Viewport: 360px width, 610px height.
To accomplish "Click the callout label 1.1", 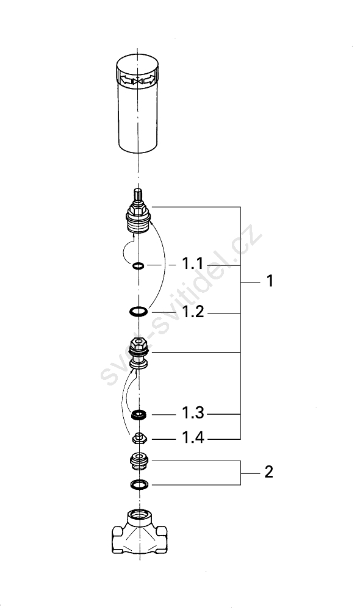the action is pos(193,264).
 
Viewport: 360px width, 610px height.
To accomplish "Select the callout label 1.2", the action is pos(193,312).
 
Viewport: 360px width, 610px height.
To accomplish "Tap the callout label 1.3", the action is pos(193,413).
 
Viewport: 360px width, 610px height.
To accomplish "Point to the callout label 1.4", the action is pos(193,437).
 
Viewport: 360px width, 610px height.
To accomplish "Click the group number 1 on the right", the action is pos(270,281).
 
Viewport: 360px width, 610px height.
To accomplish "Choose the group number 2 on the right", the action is pos(269,472).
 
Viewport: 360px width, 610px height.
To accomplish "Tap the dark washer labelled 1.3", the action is pos(139,415).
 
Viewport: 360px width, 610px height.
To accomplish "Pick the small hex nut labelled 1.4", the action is pos(139,439).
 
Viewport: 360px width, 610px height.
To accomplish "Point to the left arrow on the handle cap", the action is pos(126,81).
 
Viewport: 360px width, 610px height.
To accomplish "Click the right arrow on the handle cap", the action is pos(149,81).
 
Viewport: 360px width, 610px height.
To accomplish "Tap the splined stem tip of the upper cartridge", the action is pos(138,195).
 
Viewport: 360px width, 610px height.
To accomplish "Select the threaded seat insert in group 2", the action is pos(139,461).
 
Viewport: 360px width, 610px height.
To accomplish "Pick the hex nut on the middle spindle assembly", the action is pos(139,343).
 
